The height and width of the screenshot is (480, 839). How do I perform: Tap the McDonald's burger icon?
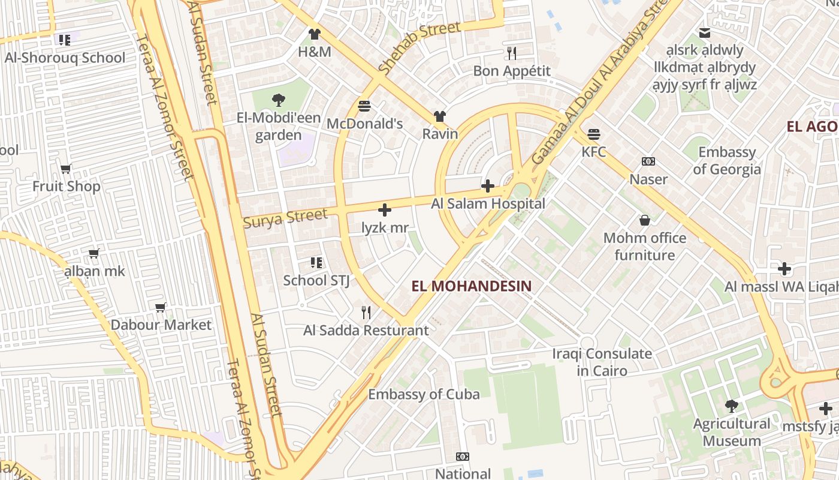point(364,106)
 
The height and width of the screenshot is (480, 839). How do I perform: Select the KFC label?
point(594,152)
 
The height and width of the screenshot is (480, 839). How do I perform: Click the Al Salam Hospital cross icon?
point(488,186)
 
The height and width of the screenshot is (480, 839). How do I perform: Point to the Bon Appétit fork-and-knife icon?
point(511,53)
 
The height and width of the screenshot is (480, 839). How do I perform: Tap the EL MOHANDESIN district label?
point(472,286)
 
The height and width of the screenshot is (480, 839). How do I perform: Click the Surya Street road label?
point(286,217)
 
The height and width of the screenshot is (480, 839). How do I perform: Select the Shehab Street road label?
point(419,47)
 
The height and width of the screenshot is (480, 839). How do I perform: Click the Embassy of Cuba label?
point(424,394)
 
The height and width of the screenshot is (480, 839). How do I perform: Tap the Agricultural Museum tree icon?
point(731,406)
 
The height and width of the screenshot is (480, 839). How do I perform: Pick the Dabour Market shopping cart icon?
point(161,307)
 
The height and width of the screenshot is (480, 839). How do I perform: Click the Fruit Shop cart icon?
point(66,169)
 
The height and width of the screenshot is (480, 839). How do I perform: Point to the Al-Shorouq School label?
point(65,58)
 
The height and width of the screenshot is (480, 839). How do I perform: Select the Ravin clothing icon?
point(440,116)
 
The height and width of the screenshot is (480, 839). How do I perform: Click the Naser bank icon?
point(648,161)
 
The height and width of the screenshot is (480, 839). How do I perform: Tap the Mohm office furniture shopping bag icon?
point(645,220)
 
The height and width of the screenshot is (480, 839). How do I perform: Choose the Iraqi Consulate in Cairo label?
point(602,362)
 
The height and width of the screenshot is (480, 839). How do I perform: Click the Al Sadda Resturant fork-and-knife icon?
point(366,312)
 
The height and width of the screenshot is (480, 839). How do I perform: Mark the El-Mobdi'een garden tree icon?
point(278,100)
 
